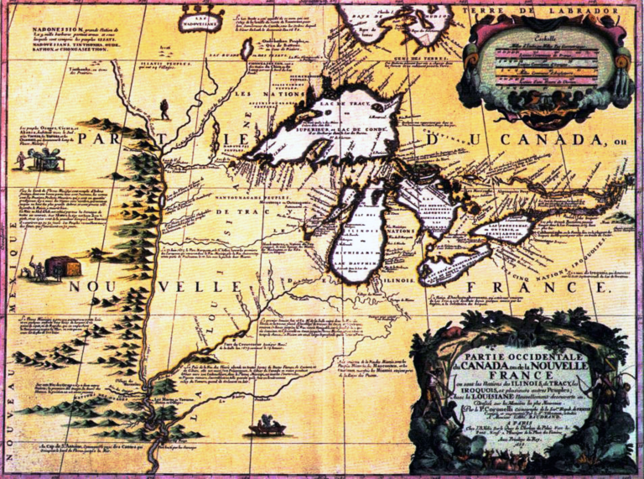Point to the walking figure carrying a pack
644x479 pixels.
point(165,108)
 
